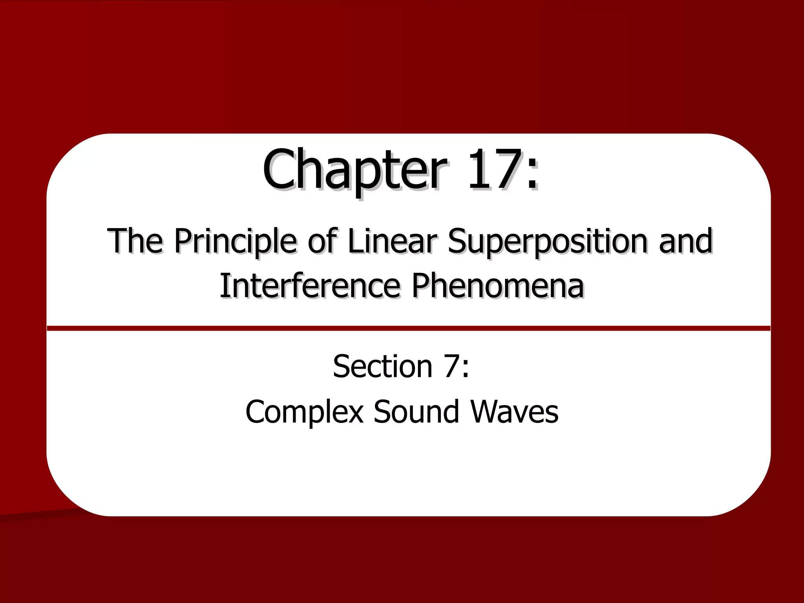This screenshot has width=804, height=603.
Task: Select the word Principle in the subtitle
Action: coord(235,241)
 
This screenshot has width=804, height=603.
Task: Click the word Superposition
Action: coord(548,241)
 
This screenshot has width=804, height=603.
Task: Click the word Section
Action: coord(382,366)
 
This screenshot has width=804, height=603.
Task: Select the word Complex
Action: coord(304,412)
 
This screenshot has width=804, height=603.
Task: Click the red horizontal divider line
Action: coord(408,328)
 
